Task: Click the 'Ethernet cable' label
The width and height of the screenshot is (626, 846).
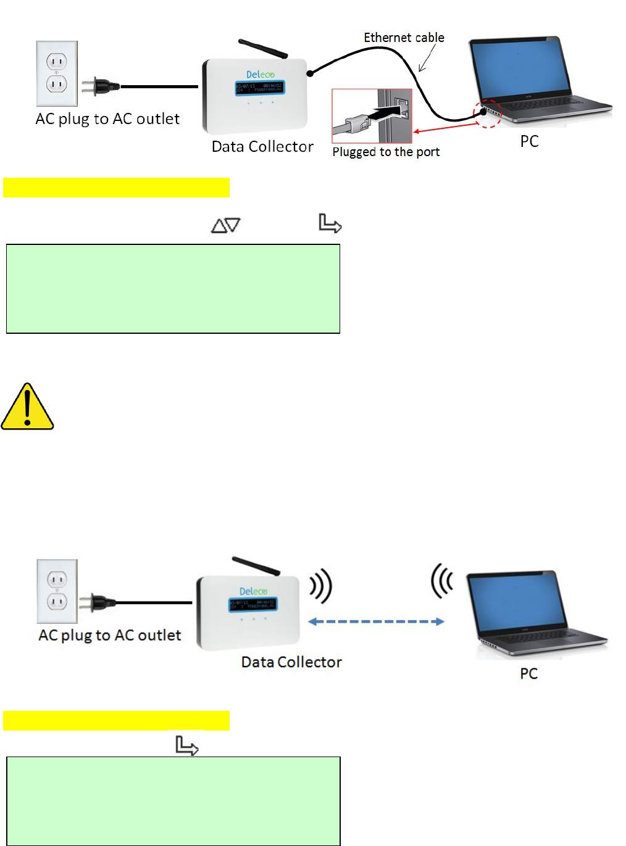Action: click(404, 38)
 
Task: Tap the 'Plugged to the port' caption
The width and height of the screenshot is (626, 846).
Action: click(386, 152)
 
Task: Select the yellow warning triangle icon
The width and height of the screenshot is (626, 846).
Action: click(27, 407)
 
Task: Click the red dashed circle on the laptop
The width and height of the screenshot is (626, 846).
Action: click(487, 113)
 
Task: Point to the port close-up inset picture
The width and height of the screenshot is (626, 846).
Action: click(372, 116)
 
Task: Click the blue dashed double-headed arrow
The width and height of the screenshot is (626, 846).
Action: click(376, 621)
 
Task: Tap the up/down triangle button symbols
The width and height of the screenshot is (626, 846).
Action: click(226, 225)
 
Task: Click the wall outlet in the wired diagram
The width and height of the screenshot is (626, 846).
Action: click(57, 73)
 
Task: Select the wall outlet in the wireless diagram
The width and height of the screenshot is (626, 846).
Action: click(57, 591)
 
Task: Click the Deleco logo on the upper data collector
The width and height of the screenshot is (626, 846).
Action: click(260, 75)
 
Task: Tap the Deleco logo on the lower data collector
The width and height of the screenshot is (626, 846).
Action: click(253, 591)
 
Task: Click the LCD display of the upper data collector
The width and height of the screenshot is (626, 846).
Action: click(259, 88)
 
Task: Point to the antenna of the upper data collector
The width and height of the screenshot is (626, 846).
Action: click(264, 49)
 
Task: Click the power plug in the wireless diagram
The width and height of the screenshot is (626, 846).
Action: click(102, 602)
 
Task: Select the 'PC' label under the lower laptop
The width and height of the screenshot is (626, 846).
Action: click(528, 673)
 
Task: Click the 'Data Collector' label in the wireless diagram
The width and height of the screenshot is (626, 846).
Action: click(291, 662)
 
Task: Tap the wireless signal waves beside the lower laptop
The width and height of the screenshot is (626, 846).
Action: click(442, 580)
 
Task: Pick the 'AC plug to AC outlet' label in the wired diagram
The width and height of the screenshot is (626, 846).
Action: click(107, 119)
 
